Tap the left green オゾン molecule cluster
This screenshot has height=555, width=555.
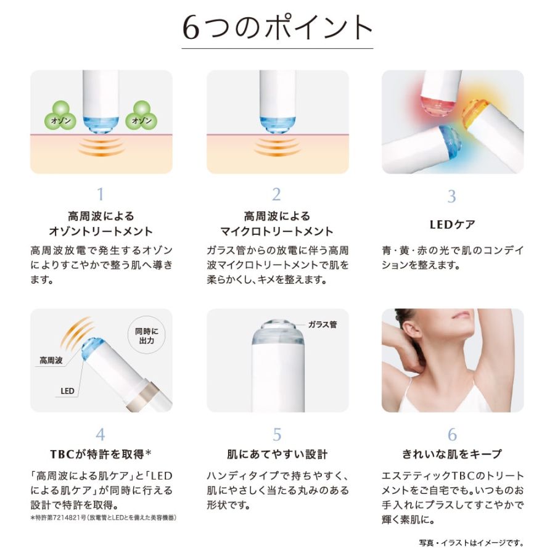(x=60, y=116)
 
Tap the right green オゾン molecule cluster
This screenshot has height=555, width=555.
(x=141, y=116)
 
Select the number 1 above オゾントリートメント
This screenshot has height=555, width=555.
(x=101, y=194)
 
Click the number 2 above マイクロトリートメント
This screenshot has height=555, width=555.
(x=276, y=194)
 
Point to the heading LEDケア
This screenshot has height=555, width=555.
(x=452, y=224)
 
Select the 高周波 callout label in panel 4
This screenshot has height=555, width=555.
(x=51, y=361)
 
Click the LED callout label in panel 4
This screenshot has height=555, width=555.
(x=67, y=391)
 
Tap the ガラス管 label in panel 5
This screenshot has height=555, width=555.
(x=323, y=324)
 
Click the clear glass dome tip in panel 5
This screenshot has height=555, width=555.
(x=278, y=332)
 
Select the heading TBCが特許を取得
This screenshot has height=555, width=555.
(x=101, y=454)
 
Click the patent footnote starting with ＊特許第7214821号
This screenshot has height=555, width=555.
(x=103, y=517)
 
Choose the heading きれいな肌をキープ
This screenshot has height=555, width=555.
(x=452, y=454)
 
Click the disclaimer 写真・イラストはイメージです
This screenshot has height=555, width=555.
(x=471, y=543)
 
